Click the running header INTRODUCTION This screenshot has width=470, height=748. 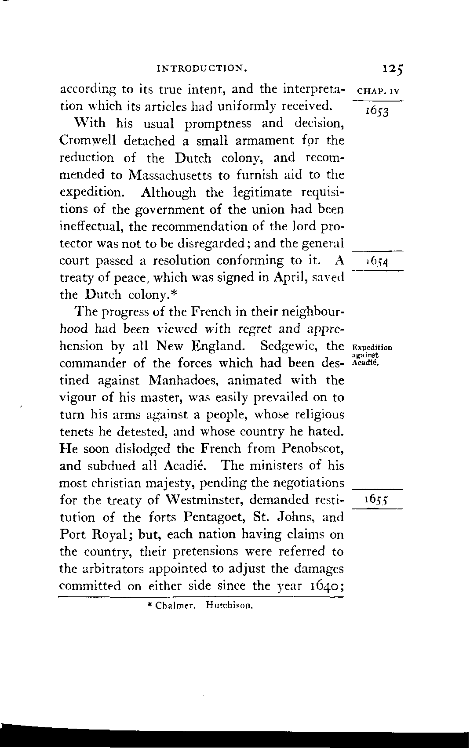[201, 69]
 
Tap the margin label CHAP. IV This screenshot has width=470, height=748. [378, 93]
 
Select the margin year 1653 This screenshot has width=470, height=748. [378, 112]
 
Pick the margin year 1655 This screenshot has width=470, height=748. [378, 501]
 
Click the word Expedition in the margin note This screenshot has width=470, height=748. [372, 348]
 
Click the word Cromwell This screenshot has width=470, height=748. [87, 141]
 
